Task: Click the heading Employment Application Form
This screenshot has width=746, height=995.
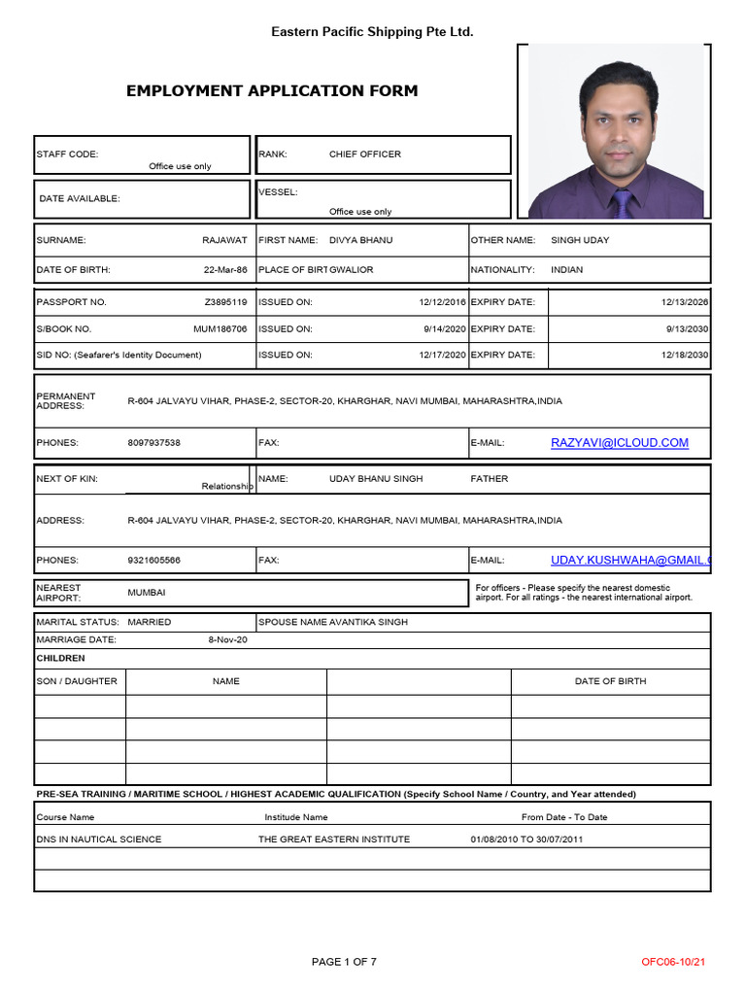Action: pyautogui.click(x=272, y=91)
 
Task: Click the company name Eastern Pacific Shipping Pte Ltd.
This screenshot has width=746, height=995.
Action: pyautogui.click(x=372, y=32)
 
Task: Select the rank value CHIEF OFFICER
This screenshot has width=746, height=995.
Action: pyautogui.click(x=364, y=154)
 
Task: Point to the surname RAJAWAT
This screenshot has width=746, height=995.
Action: pyautogui.click(x=224, y=240)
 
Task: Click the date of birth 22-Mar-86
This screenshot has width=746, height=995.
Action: pyautogui.click(x=225, y=269)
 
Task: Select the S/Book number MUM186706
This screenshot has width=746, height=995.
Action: pyautogui.click(x=220, y=329)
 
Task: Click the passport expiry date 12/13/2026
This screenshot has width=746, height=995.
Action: pyautogui.click(x=685, y=302)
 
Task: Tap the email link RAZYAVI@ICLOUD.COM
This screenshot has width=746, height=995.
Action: pyautogui.click(x=620, y=443)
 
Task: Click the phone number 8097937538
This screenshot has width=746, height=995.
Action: pyautogui.click(x=153, y=443)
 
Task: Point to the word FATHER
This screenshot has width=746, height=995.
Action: pyautogui.click(x=490, y=479)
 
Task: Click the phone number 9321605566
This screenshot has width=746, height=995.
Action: pyautogui.click(x=153, y=561)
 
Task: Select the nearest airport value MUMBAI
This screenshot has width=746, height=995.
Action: pyautogui.click(x=147, y=592)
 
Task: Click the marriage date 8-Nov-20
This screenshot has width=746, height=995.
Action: pyautogui.click(x=228, y=639)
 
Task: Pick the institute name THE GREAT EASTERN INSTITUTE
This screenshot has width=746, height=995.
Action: pyautogui.click(x=334, y=840)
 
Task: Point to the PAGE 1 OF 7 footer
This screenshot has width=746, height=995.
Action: pyautogui.click(x=344, y=962)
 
